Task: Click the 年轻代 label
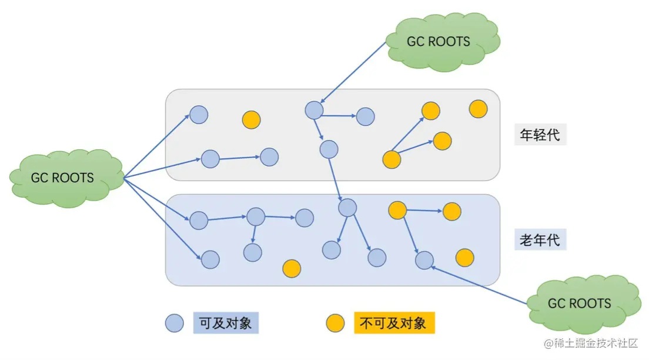[x=540, y=135]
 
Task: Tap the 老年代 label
[x=540, y=240]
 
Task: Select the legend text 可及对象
[x=226, y=323]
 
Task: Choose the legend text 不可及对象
[x=394, y=323]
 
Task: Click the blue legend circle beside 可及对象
[x=175, y=323]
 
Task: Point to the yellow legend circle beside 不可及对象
[x=335, y=323]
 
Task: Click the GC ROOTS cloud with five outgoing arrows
[x=62, y=178]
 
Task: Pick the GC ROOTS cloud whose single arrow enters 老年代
[x=579, y=304]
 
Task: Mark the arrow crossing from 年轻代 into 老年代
[x=339, y=179]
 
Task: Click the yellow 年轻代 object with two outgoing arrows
[x=392, y=159]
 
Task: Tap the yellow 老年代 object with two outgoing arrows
[x=397, y=210]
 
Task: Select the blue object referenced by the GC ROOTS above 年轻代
[x=314, y=109]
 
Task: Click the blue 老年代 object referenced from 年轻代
[x=347, y=208]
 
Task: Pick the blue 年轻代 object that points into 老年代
[x=329, y=149]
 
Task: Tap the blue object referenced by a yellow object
[x=424, y=260]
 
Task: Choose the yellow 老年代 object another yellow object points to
[x=451, y=211]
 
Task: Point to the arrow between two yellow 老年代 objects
[x=424, y=211]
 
